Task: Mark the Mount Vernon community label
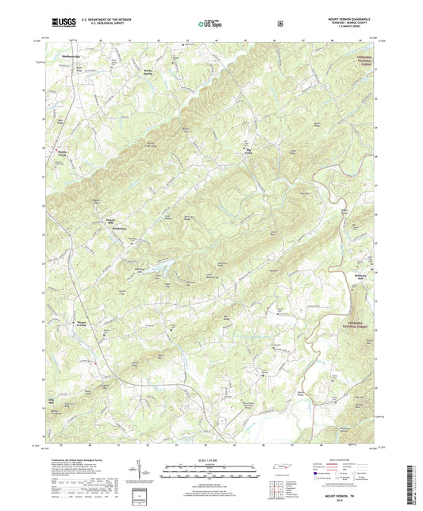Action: point(81,324)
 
